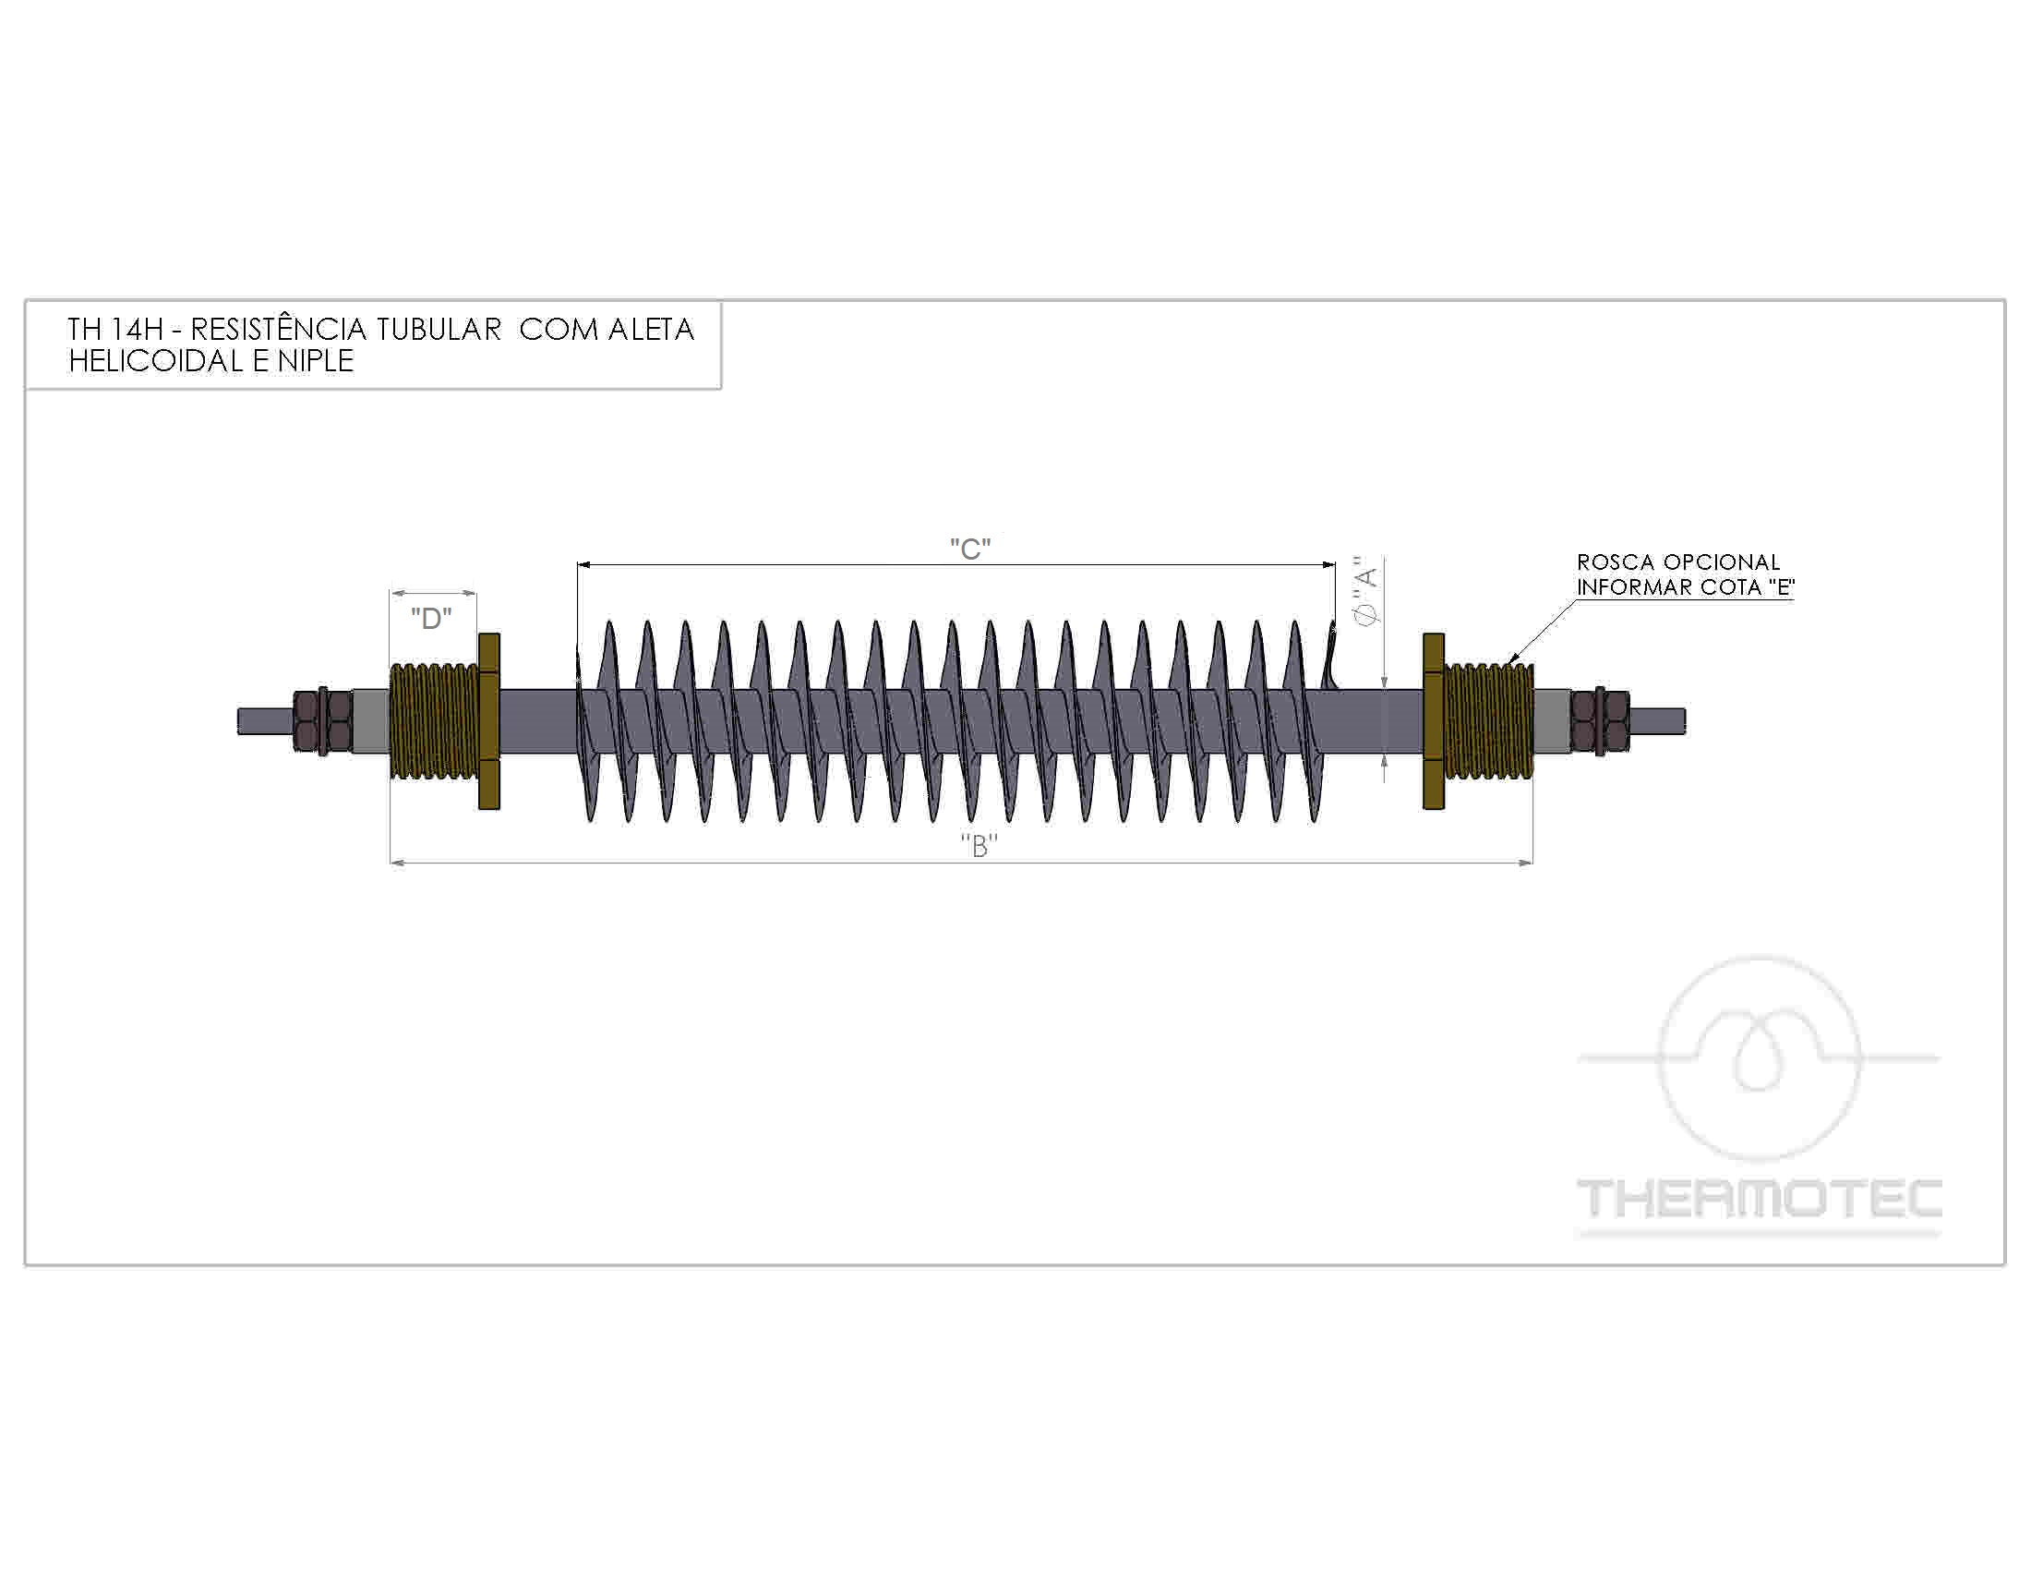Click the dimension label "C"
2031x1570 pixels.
pyautogui.click(x=970, y=549)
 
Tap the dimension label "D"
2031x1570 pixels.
pyautogui.click(x=431, y=619)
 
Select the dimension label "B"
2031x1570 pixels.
pyautogui.click(x=979, y=845)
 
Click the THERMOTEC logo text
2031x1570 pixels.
pyautogui.click(x=1760, y=1198)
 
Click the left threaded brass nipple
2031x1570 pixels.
pyautogui.click(x=434, y=721)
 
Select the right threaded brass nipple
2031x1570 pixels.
pyautogui.click(x=1488, y=721)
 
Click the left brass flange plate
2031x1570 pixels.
pyautogui.click(x=489, y=721)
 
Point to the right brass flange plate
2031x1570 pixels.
pyautogui.click(x=1433, y=721)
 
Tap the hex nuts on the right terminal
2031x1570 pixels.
pyautogui.click(x=1600, y=721)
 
